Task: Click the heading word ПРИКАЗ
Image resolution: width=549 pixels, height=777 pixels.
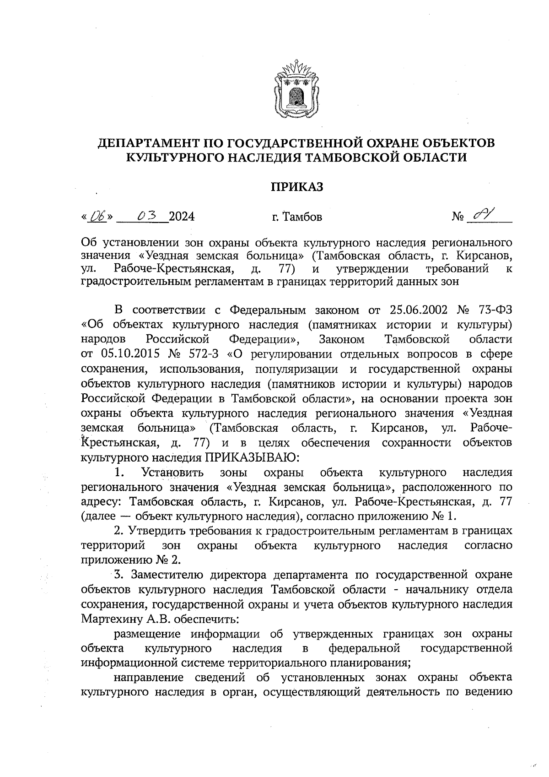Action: click(297, 187)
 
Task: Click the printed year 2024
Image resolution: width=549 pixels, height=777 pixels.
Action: click(182, 217)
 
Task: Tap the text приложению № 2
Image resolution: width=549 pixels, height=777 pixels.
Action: click(130, 560)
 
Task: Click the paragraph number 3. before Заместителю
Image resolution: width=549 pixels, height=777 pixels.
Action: click(119, 575)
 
